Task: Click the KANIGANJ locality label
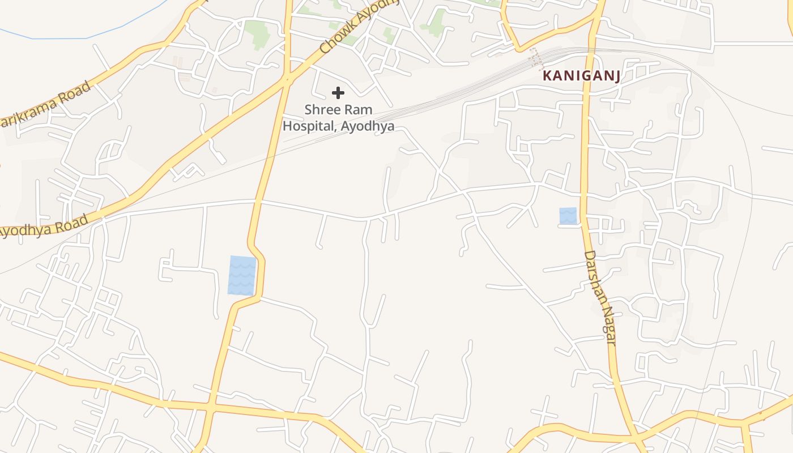[581, 76]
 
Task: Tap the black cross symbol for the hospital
[338, 93]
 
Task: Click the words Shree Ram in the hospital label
[338, 109]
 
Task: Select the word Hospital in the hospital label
[310, 126]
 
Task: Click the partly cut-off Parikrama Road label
[45, 105]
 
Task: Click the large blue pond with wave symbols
[242, 276]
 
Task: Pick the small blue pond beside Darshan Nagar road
[568, 216]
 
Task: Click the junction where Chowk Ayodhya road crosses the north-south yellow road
[287, 79]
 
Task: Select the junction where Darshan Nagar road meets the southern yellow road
[636, 437]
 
